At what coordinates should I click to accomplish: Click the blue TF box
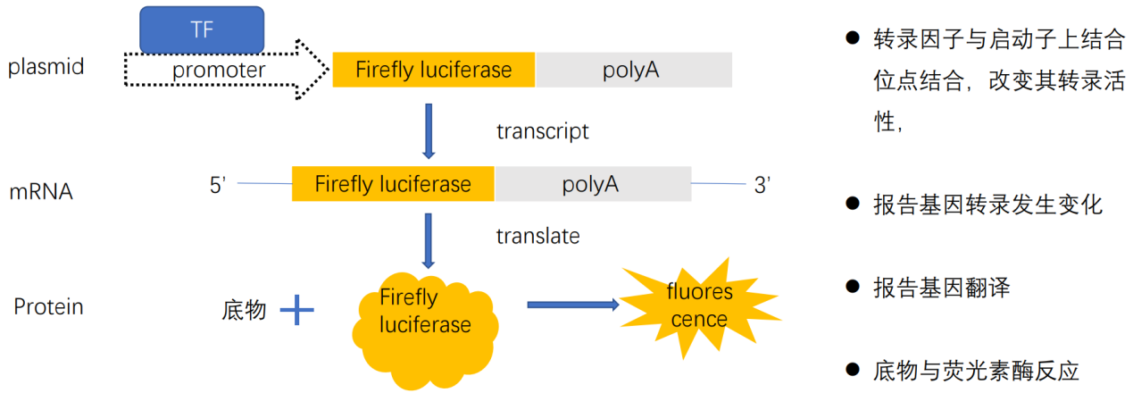tap(202, 29)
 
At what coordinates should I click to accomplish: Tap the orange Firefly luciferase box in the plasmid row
tap(433, 70)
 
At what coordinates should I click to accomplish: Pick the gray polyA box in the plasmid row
tap(633, 70)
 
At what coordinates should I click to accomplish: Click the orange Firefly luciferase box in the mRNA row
tap(393, 185)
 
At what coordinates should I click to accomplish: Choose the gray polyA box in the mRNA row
tap(592, 185)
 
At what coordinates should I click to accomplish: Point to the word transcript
tap(543, 131)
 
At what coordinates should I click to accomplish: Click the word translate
tap(537, 236)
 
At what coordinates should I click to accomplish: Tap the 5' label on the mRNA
tap(218, 186)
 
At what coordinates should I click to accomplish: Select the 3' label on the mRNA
tap(762, 186)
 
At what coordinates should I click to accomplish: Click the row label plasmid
tap(46, 67)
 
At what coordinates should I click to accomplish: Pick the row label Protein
tap(48, 307)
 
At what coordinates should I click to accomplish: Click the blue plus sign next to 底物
tap(297, 311)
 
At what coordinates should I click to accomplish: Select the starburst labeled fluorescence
tap(699, 305)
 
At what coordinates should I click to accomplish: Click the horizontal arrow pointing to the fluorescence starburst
tap(572, 305)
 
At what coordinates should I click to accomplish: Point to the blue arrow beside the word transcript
tap(429, 131)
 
